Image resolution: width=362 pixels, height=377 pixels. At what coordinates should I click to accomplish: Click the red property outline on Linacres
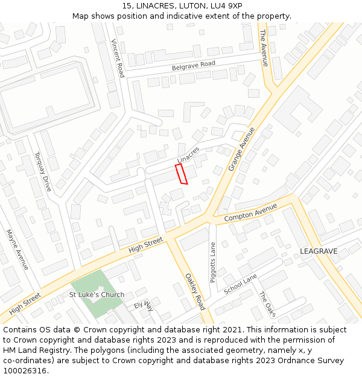(x=181, y=174)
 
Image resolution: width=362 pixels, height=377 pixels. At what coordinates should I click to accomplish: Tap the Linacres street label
(x=188, y=154)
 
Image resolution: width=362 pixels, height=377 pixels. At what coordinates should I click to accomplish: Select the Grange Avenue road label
(x=242, y=149)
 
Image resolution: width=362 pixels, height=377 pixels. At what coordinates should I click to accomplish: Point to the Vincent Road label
(x=118, y=58)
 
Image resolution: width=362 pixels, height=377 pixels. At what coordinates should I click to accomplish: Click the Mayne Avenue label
(x=17, y=250)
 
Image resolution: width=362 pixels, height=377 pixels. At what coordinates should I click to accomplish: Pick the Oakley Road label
(x=195, y=291)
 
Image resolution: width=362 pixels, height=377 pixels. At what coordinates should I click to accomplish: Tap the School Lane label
(x=240, y=284)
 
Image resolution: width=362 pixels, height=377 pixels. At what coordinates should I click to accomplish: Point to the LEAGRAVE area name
(x=319, y=251)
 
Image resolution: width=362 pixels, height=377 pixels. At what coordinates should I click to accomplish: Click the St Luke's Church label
(x=97, y=295)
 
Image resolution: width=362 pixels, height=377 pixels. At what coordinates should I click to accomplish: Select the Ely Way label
(x=144, y=306)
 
